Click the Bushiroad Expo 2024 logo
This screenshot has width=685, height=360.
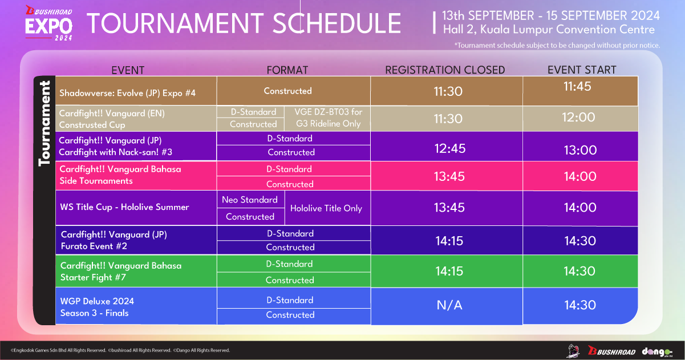[x=49, y=23]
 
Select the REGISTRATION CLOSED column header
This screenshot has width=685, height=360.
[x=445, y=70]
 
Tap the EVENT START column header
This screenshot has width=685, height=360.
[x=582, y=70]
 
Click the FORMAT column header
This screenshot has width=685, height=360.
[x=287, y=70]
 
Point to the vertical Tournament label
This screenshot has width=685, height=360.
[x=44, y=123]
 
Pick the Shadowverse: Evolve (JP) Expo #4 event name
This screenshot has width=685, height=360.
[x=127, y=92]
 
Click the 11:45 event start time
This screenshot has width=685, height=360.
[x=577, y=86]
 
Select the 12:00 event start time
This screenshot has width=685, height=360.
[x=578, y=117]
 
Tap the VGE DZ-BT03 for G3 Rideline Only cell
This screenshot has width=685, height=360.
[x=328, y=118]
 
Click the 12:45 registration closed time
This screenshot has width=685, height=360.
[x=450, y=148]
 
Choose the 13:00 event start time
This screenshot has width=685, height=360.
[x=580, y=150]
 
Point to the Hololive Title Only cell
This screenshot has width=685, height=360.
[x=326, y=208]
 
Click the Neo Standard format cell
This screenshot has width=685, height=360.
[x=250, y=200]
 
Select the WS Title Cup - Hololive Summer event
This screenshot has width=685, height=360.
[x=124, y=207]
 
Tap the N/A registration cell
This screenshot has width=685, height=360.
[x=449, y=305]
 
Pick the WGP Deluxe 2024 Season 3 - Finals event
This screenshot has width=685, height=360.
[x=97, y=307]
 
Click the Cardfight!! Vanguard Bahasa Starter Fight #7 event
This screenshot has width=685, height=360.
[x=121, y=272]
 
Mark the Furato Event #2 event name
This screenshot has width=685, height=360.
[x=94, y=246]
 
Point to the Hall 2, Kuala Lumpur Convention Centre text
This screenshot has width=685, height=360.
[x=549, y=30]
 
